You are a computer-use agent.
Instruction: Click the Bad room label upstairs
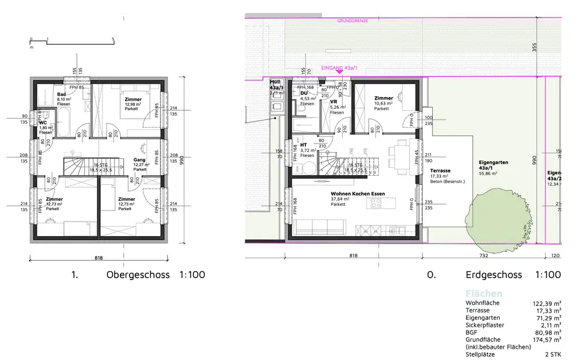point(61,94)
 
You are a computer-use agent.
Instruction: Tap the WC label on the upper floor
point(43,123)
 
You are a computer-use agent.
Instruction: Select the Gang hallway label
point(139,160)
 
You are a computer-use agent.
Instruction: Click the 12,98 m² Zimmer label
point(133,99)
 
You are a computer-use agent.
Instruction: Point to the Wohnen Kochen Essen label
point(358,194)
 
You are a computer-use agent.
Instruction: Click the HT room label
point(304,145)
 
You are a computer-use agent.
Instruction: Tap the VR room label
point(334,102)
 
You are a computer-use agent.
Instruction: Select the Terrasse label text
point(440,170)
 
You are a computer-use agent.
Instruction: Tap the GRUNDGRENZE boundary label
point(352,20)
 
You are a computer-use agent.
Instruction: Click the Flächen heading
point(483,294)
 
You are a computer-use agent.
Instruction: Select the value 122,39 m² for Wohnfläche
point(546,303)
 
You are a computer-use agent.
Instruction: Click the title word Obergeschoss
point(139,275)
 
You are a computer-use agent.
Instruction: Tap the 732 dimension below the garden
point(483,255)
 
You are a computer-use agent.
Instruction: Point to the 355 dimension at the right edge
point(534,47)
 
